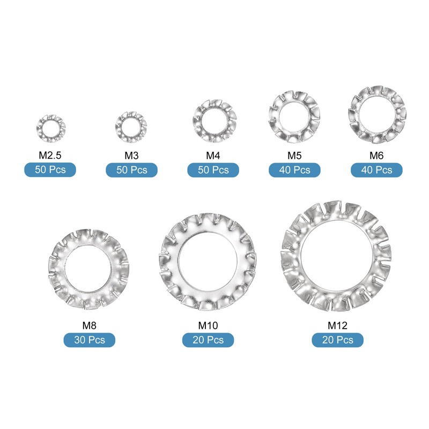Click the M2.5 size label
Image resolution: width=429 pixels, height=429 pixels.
pos(50,156)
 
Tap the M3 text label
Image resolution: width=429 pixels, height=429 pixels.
pos(131,156)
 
